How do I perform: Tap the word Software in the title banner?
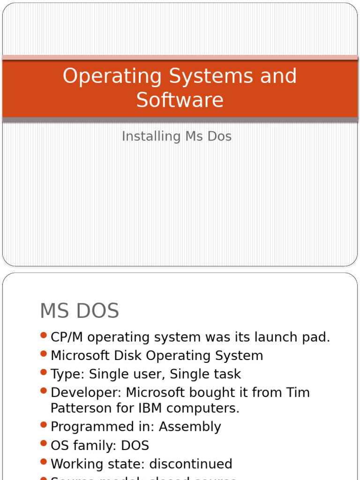point(180,100)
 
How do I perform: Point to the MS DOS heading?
point(80,311)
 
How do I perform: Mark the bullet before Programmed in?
point(44,425)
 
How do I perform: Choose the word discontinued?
point(191,464)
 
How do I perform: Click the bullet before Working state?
point(44,462)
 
